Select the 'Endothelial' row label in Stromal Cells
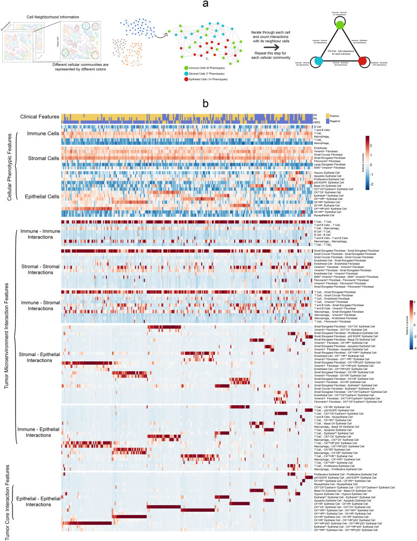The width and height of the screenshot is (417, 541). pos(320,148)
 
